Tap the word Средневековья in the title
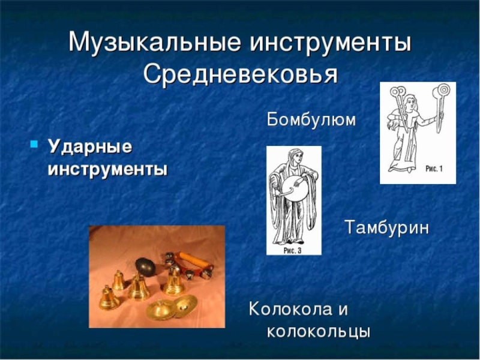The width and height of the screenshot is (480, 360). (241, 74)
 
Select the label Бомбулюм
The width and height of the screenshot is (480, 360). (311, 120)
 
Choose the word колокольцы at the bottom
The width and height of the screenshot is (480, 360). (318, 331)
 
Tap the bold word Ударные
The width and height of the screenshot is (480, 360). (90, 146)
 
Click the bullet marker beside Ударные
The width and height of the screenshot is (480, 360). (34, 145)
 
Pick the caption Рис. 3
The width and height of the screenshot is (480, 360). (293, 250)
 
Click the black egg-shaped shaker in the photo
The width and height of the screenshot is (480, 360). (146, 266)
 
